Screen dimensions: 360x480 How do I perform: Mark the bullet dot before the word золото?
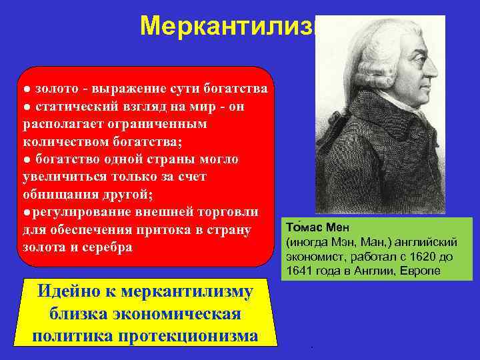pyautogui.click(x=24, y=89)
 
